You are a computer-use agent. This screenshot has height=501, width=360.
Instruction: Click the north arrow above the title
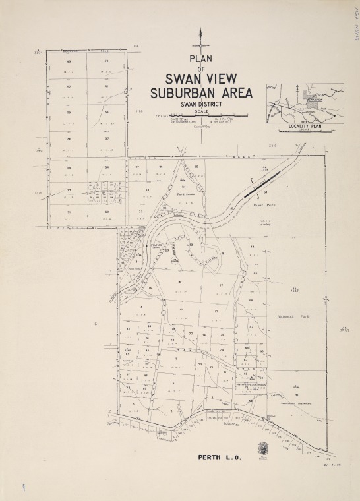click(x=200, y=42)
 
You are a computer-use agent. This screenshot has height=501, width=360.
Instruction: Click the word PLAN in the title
click(x=200, y=59)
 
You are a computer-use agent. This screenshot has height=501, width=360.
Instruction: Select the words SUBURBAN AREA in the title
click(x=201, y=93)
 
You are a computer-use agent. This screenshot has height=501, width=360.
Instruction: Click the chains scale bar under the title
click(x=201, y=116)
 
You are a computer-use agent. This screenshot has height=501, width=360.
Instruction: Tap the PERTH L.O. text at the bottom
click(x=220, y=457)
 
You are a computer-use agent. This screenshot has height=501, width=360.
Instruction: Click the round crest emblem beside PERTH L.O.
click(x=263, y=448)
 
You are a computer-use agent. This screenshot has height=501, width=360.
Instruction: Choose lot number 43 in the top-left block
click(x=68, y=61)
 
